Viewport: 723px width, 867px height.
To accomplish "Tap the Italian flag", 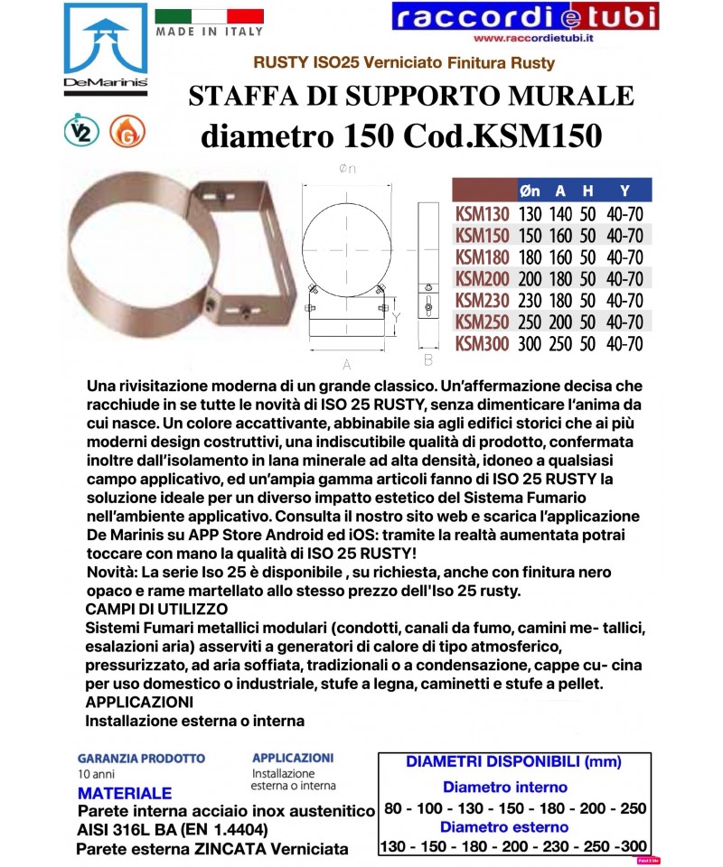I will click(x=209, y=16).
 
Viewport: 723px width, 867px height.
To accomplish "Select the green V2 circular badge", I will click(x=81, y=133).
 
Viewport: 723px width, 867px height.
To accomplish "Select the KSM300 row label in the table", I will click(x=482, y=343).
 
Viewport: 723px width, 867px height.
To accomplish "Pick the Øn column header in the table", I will click(x=531, y=191).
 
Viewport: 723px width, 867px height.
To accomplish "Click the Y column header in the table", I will click(x=624, y=191).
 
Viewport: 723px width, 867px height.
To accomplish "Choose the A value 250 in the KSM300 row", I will click(x=561, y=343).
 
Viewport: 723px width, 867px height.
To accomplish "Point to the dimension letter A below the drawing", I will click(x=347, y=364).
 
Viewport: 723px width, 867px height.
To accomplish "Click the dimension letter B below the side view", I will click(x=428, y=360).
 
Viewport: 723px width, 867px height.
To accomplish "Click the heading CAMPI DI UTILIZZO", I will click(x=152, y=610).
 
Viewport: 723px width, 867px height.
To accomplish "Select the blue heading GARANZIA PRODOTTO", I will click(x=141, y=759).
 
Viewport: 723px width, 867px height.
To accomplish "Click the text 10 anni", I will click(x=95, y=776).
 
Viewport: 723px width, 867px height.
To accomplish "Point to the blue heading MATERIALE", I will click(x=125, y=794).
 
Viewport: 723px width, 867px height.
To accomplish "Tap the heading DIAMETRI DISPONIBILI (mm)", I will click(x=514, y=762).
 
